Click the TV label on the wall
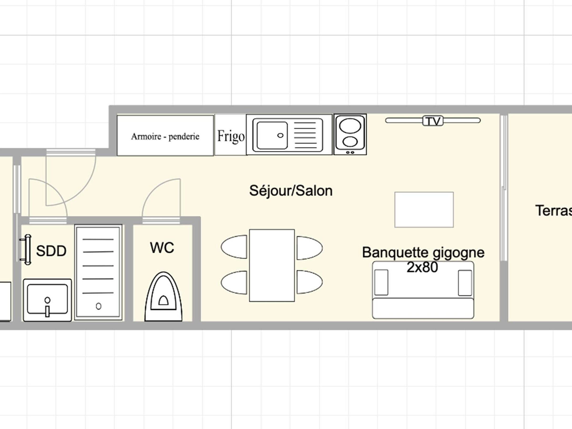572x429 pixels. coord(433,121)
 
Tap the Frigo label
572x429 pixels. coord(231,136)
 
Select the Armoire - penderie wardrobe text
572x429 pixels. coord(165,136)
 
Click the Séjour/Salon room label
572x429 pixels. coord(291,191)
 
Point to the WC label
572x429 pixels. coord(162,247)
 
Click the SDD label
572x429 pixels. coord(51,250)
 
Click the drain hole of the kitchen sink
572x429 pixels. coord(280,135)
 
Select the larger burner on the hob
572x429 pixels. coord(350,126)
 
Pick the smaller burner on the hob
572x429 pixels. coord(350,142)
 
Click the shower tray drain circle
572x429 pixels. coord(98,306)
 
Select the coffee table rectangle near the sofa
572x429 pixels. coord(424,210)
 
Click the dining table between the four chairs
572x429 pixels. coord(272,265)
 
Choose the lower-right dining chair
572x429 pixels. coord(309,282)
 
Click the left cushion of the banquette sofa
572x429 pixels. coord(381,282)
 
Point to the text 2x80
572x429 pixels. coord(422,267)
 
